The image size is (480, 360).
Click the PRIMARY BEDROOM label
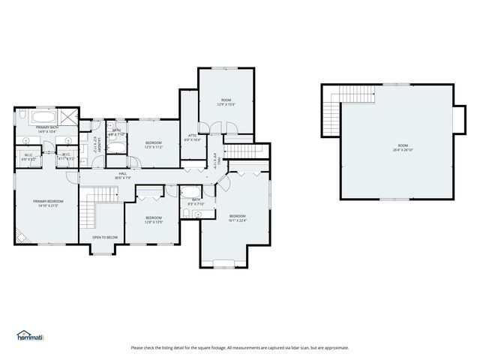(x=47, y=202)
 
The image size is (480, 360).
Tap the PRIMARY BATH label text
(x=47, y=130)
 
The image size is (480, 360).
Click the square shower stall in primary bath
(x=68, y=117)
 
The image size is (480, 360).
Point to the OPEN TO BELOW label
(x=104, y=237)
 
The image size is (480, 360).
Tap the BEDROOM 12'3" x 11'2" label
(x=153, y=144)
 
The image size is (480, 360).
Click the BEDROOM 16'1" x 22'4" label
(x=238, y=217)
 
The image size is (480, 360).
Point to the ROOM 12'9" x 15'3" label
(x=226, y=102)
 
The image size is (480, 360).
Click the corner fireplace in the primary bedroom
(x=21, y=238)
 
